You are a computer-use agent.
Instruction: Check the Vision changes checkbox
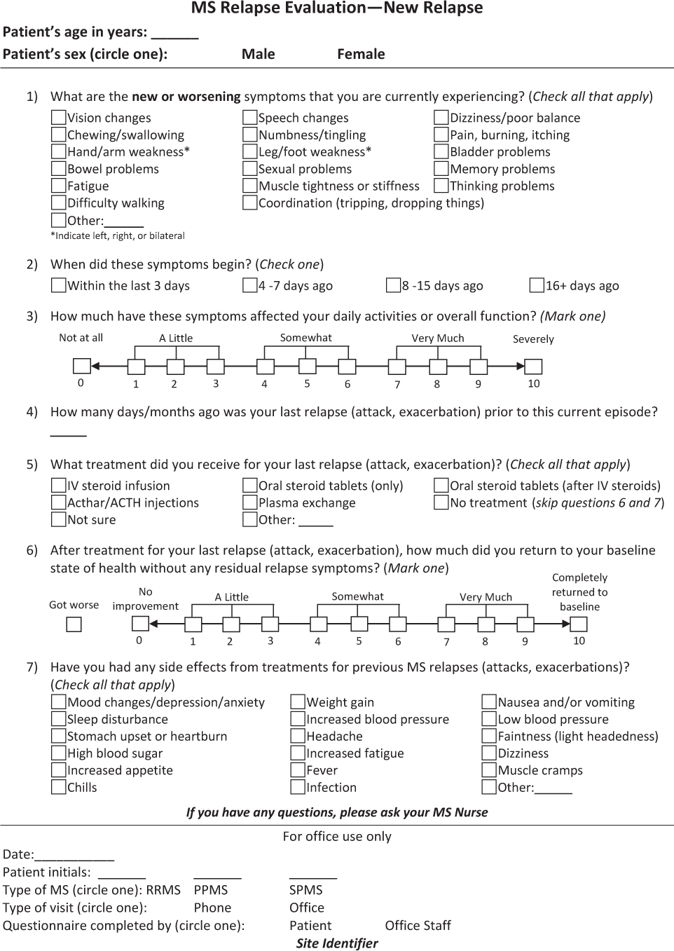(59, 118)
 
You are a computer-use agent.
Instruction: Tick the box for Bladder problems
(441, 151)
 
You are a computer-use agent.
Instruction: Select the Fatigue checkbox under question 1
(59, 186)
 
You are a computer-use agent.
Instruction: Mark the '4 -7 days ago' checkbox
(250, 285)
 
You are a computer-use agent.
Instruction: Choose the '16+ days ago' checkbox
(537, 285)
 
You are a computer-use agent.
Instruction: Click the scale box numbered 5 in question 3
(308, 366)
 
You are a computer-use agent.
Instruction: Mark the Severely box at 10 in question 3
(533, 366)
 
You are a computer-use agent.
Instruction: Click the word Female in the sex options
(361, 54)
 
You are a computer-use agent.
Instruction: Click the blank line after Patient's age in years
(175, 34)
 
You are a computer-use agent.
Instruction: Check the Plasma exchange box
(250, 502)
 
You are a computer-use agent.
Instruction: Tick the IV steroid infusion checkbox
(59, 486)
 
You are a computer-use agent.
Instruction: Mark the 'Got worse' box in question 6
(74, 624)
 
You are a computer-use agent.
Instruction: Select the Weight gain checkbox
(298, 702)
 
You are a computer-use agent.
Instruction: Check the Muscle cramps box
(490, 770)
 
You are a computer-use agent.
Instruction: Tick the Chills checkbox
(59, 787)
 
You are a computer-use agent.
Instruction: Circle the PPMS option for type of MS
(211, 890)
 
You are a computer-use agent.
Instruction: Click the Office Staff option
(418, 926)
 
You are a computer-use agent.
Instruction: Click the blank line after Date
(74, 856)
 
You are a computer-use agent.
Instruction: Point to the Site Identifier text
(337, 943)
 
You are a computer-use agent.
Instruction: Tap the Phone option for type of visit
(212, 908)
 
